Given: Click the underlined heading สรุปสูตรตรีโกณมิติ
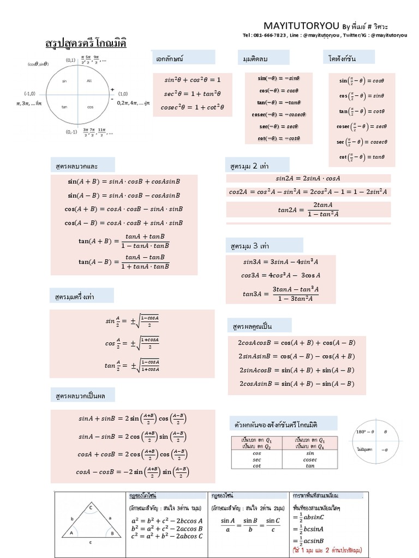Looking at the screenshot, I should tap(85, 43).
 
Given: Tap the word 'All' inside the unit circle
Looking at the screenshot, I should tap(90, 81).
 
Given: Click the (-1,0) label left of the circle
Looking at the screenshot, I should tap(30, 93).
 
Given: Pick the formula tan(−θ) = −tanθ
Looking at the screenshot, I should tap(279, 102).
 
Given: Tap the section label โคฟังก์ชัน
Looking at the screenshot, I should tap(342, 58).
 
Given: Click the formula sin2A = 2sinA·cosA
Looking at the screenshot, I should tap(308, 178).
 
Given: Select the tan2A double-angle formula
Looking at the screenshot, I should tap(308, 209).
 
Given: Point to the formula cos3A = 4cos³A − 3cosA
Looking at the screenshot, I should tap(280, 275).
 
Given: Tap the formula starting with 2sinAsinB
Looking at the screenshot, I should tap(297, 356).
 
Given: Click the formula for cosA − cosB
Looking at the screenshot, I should tap(132, 471).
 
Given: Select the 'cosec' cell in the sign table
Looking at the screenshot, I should tap(310, 459).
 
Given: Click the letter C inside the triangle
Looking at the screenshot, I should tap(92, 508).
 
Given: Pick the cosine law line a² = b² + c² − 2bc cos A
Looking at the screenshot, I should tap(166, 521).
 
